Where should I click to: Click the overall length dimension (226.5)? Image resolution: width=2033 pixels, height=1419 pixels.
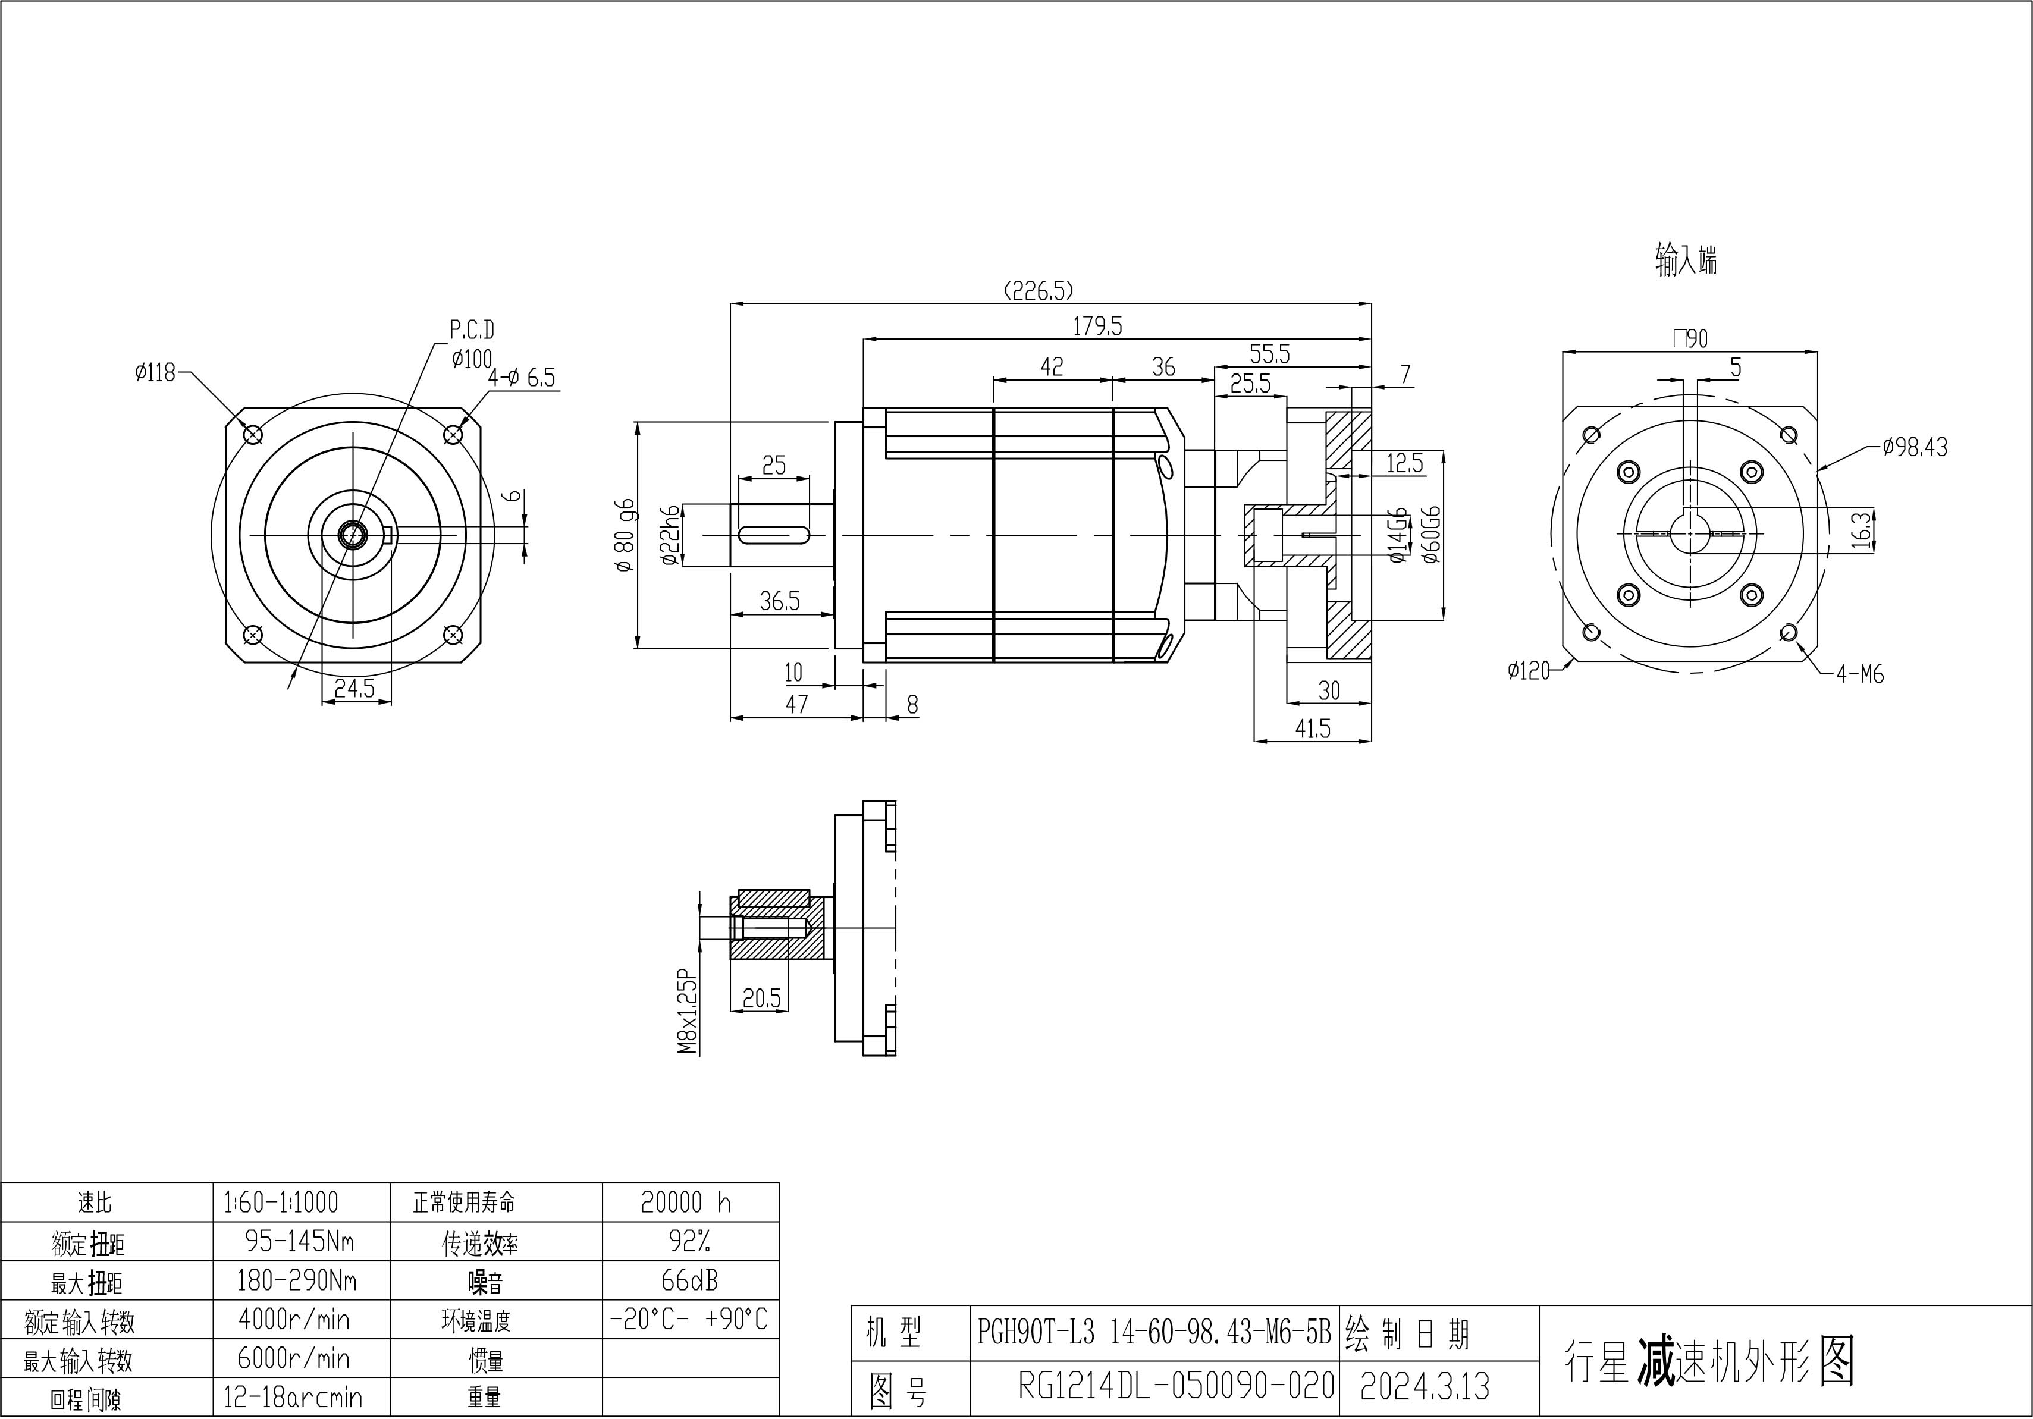pos(1039,290)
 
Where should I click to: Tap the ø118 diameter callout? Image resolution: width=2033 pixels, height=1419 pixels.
pos(156,373)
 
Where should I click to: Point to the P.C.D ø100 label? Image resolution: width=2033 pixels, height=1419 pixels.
pos(471,344)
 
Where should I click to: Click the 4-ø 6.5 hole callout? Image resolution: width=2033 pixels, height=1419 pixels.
pos(522,378)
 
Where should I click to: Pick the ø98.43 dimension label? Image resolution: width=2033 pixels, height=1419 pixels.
pos(1915,447)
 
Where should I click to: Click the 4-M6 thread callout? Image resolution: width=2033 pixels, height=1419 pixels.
pos(1859,674)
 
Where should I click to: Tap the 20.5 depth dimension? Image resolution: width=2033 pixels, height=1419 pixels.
pos(761,999)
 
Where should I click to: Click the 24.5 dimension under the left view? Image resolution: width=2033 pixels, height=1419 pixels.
pos(354,688)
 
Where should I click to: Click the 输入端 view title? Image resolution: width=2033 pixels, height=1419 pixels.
pos(1685,260)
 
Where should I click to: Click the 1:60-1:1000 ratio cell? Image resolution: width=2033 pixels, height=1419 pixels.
pos(281,1202)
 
